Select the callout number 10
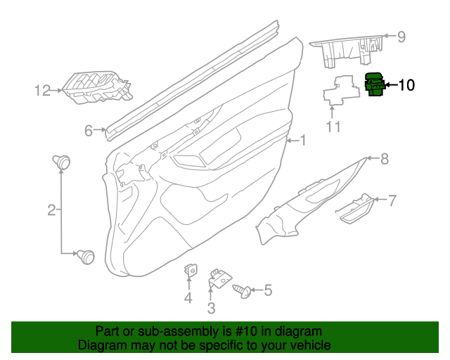click(x=406, y=86)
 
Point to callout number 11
click(x=333, y=127)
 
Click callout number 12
click(x=44, y=90)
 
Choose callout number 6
click(x=89, y=130)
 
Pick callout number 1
click(x=303, y=141)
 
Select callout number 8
click(x=385, y=159)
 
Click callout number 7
click(x=392, y=200)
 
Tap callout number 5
click(x=267, y=290)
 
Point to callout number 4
click(x=188, y=300)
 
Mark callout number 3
click(x=211, y=308)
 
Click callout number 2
click(x=51, y=209)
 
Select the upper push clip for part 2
click(x=63, y=162)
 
